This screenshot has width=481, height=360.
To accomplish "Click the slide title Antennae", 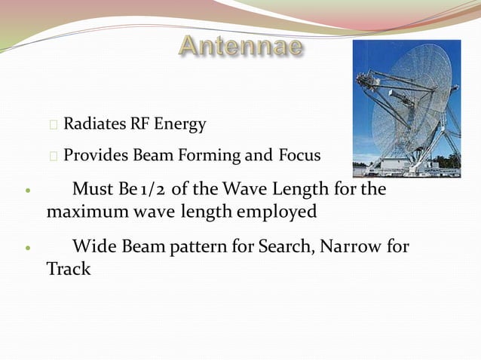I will click(x=240, y=46).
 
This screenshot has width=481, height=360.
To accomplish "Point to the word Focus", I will click(x=300, y=156).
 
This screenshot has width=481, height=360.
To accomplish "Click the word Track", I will click(x=69, y=268).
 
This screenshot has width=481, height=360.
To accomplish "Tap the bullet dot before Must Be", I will click(x=27, y=191).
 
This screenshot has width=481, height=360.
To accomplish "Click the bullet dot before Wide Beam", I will click(x=27, y=247).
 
